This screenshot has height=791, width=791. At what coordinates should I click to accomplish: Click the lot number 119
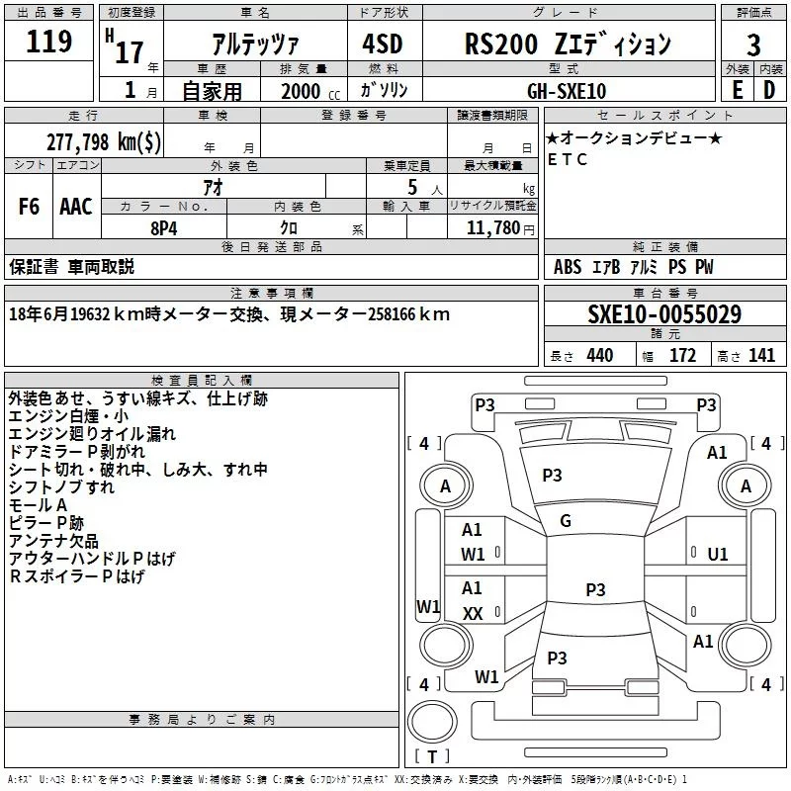coord(48,42)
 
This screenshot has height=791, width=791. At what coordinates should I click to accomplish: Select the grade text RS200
coord(501,44)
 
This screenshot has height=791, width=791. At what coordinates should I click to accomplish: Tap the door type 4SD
coord(383,44)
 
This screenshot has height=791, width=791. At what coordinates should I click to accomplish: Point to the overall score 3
coord(753,45)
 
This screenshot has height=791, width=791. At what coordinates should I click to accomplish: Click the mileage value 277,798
coord(78,142)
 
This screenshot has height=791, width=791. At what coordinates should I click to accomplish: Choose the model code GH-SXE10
coord(567,91)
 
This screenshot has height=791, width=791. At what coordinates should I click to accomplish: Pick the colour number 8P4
coord(164,228)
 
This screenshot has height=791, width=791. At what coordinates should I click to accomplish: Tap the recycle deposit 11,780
coord(492,228)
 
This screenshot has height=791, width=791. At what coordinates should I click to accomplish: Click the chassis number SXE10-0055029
coord(664,313)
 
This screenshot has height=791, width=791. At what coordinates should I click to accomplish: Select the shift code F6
coord(29,207)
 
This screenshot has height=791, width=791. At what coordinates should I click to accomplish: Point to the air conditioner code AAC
coord(76,207)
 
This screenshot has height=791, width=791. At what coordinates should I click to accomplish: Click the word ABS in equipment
coord(568,267)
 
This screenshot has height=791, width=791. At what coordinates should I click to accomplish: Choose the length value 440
coord(600,356)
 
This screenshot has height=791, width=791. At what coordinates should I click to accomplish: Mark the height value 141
coord(761,356)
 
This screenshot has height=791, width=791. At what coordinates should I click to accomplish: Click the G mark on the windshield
coord(566,521)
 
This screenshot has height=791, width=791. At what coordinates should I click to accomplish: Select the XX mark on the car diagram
coord(473,613)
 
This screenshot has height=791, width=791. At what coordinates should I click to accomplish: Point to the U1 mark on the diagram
coord(718,555)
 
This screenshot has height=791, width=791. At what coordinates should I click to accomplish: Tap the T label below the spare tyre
coord(432,756)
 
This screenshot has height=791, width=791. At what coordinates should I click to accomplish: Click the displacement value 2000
coord(301,91)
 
